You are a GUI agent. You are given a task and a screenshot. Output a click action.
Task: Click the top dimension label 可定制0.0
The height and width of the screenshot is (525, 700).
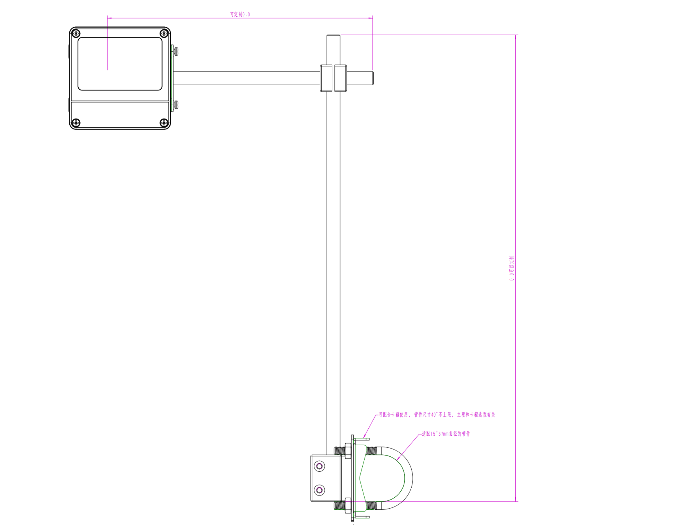tap(240, 14)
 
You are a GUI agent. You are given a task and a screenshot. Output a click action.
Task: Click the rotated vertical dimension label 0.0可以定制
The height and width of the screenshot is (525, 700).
tap(512, 268)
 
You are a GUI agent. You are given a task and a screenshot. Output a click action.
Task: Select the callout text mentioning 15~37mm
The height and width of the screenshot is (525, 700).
tap(446, 434)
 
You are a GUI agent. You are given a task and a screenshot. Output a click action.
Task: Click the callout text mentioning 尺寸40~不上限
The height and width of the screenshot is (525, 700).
tap(437, 415)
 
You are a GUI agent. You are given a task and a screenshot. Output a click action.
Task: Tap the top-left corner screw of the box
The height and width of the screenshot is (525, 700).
tap(76, 33)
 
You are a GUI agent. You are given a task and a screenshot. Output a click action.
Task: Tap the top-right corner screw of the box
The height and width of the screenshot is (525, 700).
tap(164, 33)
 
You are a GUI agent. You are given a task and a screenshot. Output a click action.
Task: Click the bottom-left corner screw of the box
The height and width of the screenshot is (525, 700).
tap(76, 123)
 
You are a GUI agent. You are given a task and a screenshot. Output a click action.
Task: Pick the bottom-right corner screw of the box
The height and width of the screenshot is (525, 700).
tap(164, 123)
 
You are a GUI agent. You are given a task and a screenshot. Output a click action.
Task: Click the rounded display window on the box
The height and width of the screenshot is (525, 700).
tap(120, 64)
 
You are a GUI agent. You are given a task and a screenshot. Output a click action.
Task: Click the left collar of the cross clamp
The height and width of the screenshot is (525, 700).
tap(326, 78)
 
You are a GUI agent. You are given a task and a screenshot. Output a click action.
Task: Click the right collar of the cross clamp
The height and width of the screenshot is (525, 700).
tap(340, 78)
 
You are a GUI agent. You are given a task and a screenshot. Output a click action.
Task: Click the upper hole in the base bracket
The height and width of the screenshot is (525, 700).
tap(319, 466)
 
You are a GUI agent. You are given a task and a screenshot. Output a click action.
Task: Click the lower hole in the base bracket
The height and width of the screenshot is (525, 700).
tap(319, 490)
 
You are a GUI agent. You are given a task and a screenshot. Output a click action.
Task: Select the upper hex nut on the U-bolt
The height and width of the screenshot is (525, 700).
tap(348, 451)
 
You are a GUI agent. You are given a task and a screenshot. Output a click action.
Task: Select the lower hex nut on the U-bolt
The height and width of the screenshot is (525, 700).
tap(348, 506)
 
